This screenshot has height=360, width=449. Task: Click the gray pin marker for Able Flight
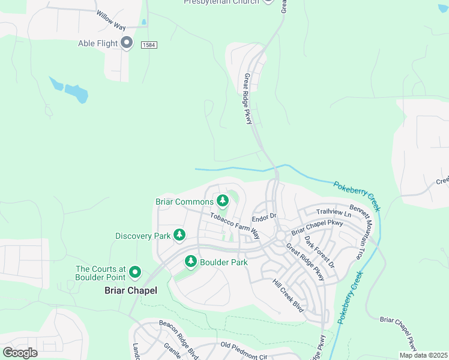[x=127, y=43]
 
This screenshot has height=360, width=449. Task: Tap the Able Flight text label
[x=98, y=43]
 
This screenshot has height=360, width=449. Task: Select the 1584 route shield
[x=149, y=45]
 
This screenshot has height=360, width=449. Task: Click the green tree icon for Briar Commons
[x=223, y=200]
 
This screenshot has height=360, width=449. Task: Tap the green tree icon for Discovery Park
[x=179, y=235]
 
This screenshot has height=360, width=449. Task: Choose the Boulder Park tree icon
[x=191, y=262]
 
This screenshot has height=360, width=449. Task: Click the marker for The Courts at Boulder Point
[x=135, y=273]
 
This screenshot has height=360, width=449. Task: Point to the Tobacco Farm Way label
[x=234, y=225]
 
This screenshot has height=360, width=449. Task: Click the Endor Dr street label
[x=264, y=216]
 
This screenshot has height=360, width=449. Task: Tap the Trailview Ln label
[x=333, y=212]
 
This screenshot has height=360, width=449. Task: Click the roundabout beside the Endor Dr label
[x=280, y=236]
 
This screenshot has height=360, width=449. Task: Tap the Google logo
[x=20, y=352]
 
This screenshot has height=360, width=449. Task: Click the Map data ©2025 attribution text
[x=423, y=355]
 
